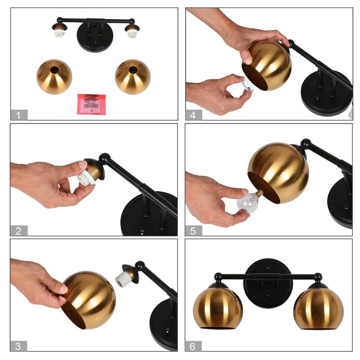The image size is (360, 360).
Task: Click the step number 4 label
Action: pyautogui.click(x=193, y=115)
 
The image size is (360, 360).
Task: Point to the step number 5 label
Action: pyautogui.click(x=193, y=231)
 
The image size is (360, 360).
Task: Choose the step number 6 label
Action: pyautogui.click(x=193, y=346)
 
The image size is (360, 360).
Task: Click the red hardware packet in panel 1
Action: pyautogui.click(x=91, y=104)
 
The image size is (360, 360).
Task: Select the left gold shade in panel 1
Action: pyautogui.click(x=54, y=77)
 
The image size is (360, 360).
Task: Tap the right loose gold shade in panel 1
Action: pyautogui.click(x=132, y=77)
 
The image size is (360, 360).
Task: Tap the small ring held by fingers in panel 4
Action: pyautogui.click(x=247, y=85)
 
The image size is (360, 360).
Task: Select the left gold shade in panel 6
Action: pyautogui.click(x=218, y=308)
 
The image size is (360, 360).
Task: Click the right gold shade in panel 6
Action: pyautogui.click(x=318, y=308)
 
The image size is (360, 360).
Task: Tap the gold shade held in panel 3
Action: pyautogui.click(x=89, y=299)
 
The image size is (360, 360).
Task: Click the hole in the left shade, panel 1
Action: pyautogui.click(x=54, y=70)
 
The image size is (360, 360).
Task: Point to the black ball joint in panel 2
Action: pyautogui.click(x=105, y=158)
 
